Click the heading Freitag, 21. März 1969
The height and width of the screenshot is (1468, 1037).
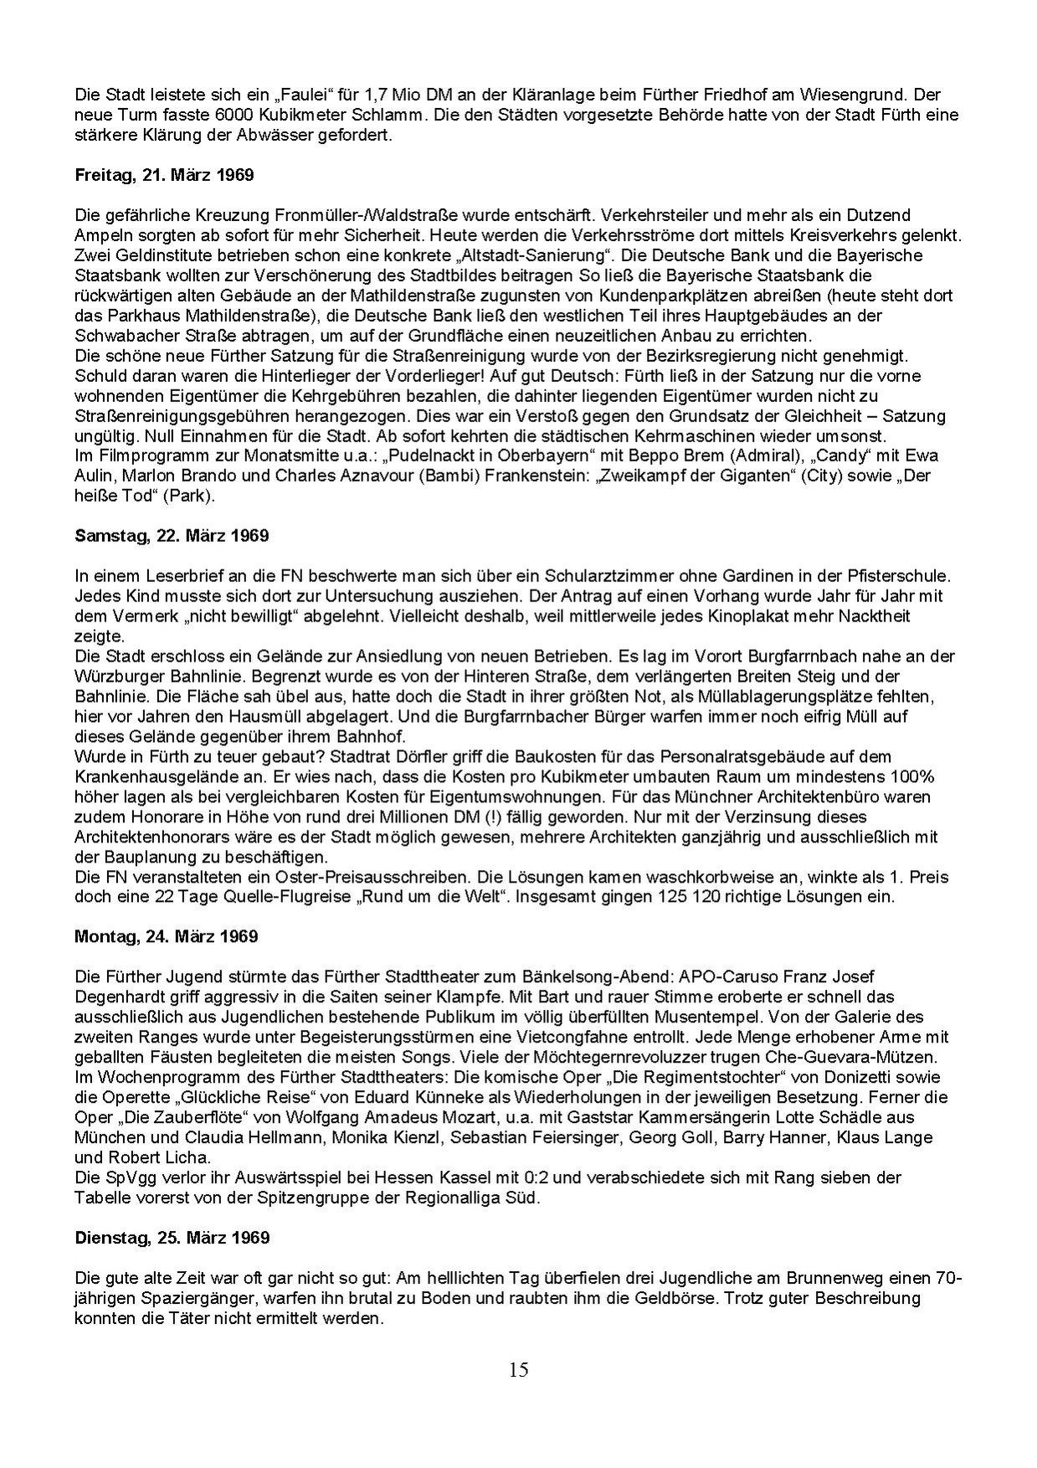164,176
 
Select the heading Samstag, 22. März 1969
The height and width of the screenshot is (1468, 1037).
172,534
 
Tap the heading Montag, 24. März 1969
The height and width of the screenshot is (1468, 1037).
167,935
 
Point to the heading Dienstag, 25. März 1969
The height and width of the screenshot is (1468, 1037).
172,1237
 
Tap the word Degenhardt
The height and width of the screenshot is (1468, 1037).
120,997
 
